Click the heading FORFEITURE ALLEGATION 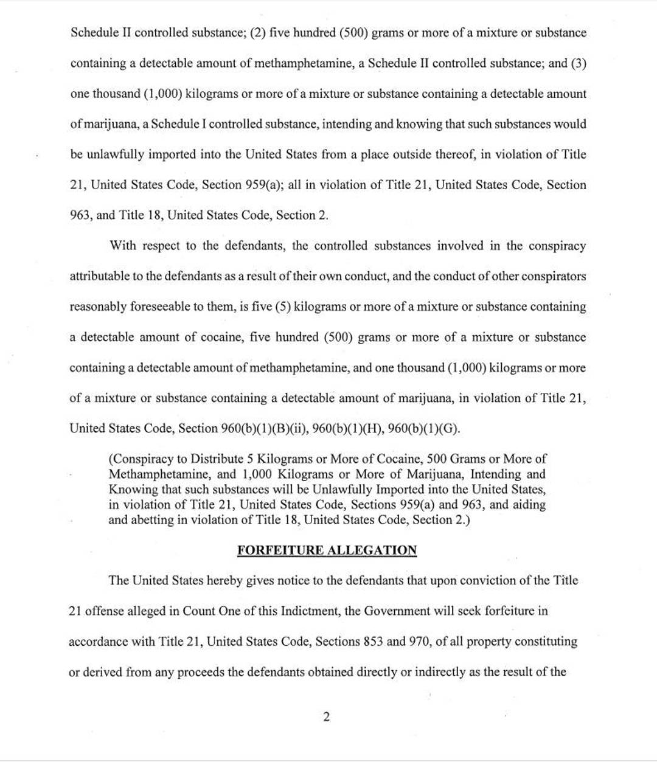coord(327,550)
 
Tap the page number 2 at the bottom coord(327,717)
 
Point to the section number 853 coord(373,642)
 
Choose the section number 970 coord(420,642)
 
